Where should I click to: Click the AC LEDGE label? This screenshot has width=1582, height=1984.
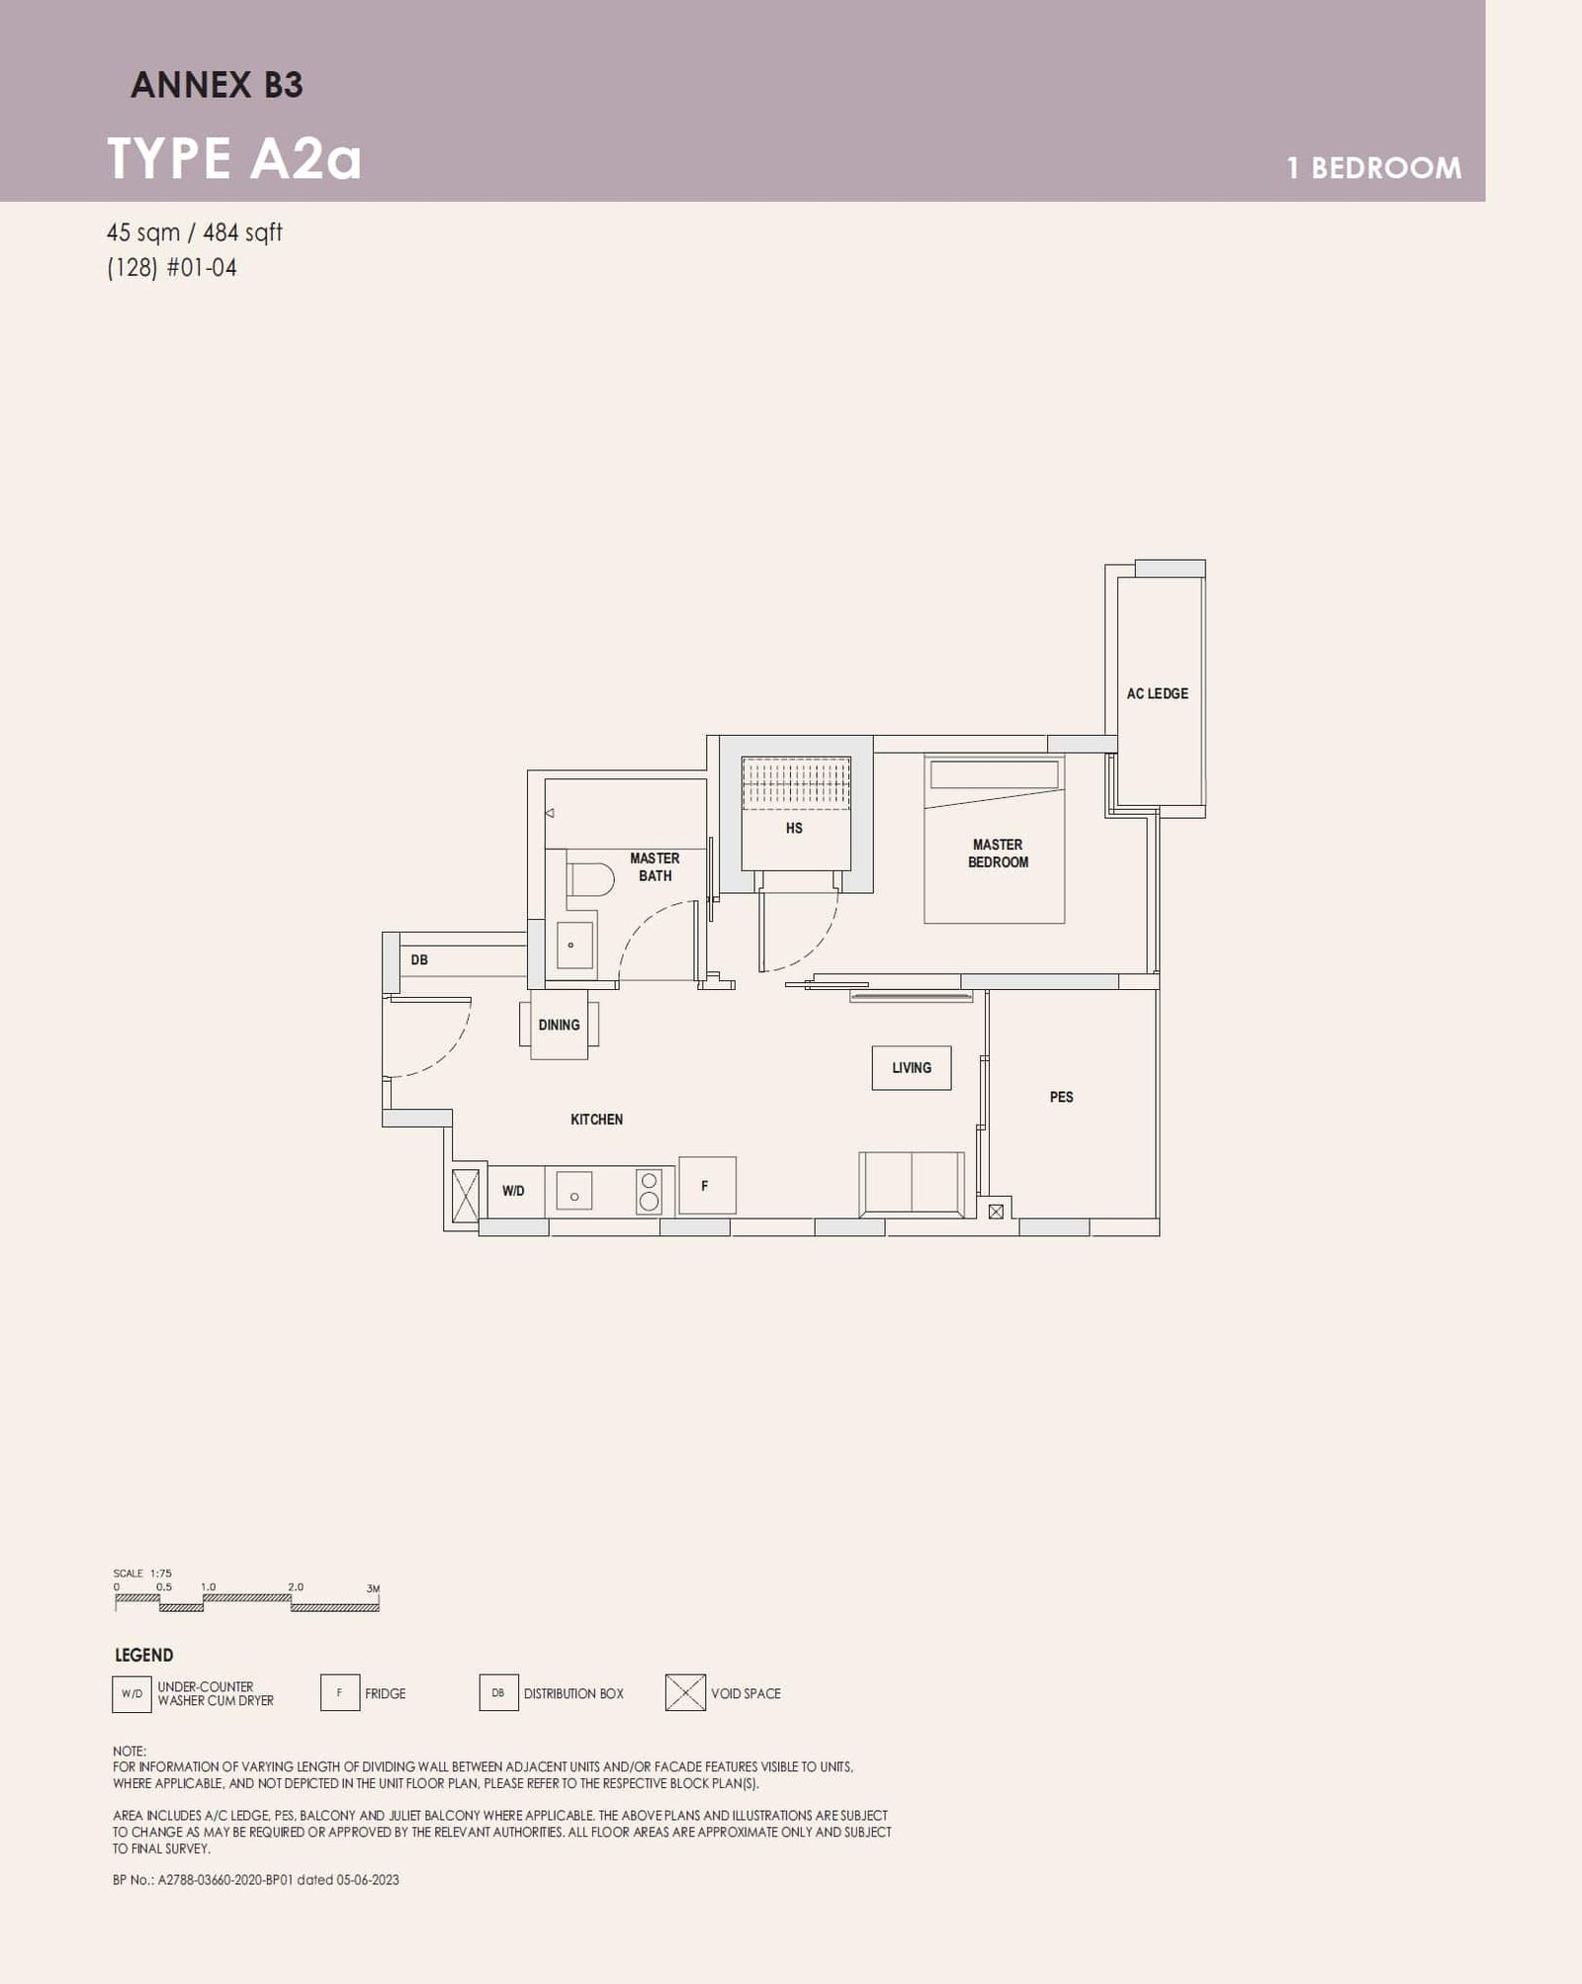[1157, 693]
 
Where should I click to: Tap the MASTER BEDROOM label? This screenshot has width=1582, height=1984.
[998, 853]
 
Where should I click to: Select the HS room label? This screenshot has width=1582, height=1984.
[794, 828]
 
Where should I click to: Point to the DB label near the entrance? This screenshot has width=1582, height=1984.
[419, 959]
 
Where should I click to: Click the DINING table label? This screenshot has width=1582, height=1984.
[559, 1025]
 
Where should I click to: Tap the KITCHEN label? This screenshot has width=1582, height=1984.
[596, 1119]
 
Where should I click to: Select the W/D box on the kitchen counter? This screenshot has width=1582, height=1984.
[513, 1191]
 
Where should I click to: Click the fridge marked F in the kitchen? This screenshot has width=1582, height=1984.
[706, 1185]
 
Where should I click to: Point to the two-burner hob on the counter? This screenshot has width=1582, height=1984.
[649, 1191]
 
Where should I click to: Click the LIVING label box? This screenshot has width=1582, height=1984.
[911, 1067]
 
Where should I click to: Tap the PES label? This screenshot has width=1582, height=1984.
[1061, 1097]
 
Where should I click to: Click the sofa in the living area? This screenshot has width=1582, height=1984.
[911, 1183]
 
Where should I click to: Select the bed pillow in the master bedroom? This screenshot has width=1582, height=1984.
[994, 774]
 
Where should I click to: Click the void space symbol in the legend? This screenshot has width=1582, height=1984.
[685, 1692]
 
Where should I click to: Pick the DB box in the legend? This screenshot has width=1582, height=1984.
[498, 1692]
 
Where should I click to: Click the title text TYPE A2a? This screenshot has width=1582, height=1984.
[234, 158]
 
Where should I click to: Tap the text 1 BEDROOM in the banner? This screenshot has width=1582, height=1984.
[1373, 168]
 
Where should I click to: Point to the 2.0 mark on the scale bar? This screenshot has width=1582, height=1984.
[296, 1586]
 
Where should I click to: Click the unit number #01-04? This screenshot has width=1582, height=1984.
[202, 268]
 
